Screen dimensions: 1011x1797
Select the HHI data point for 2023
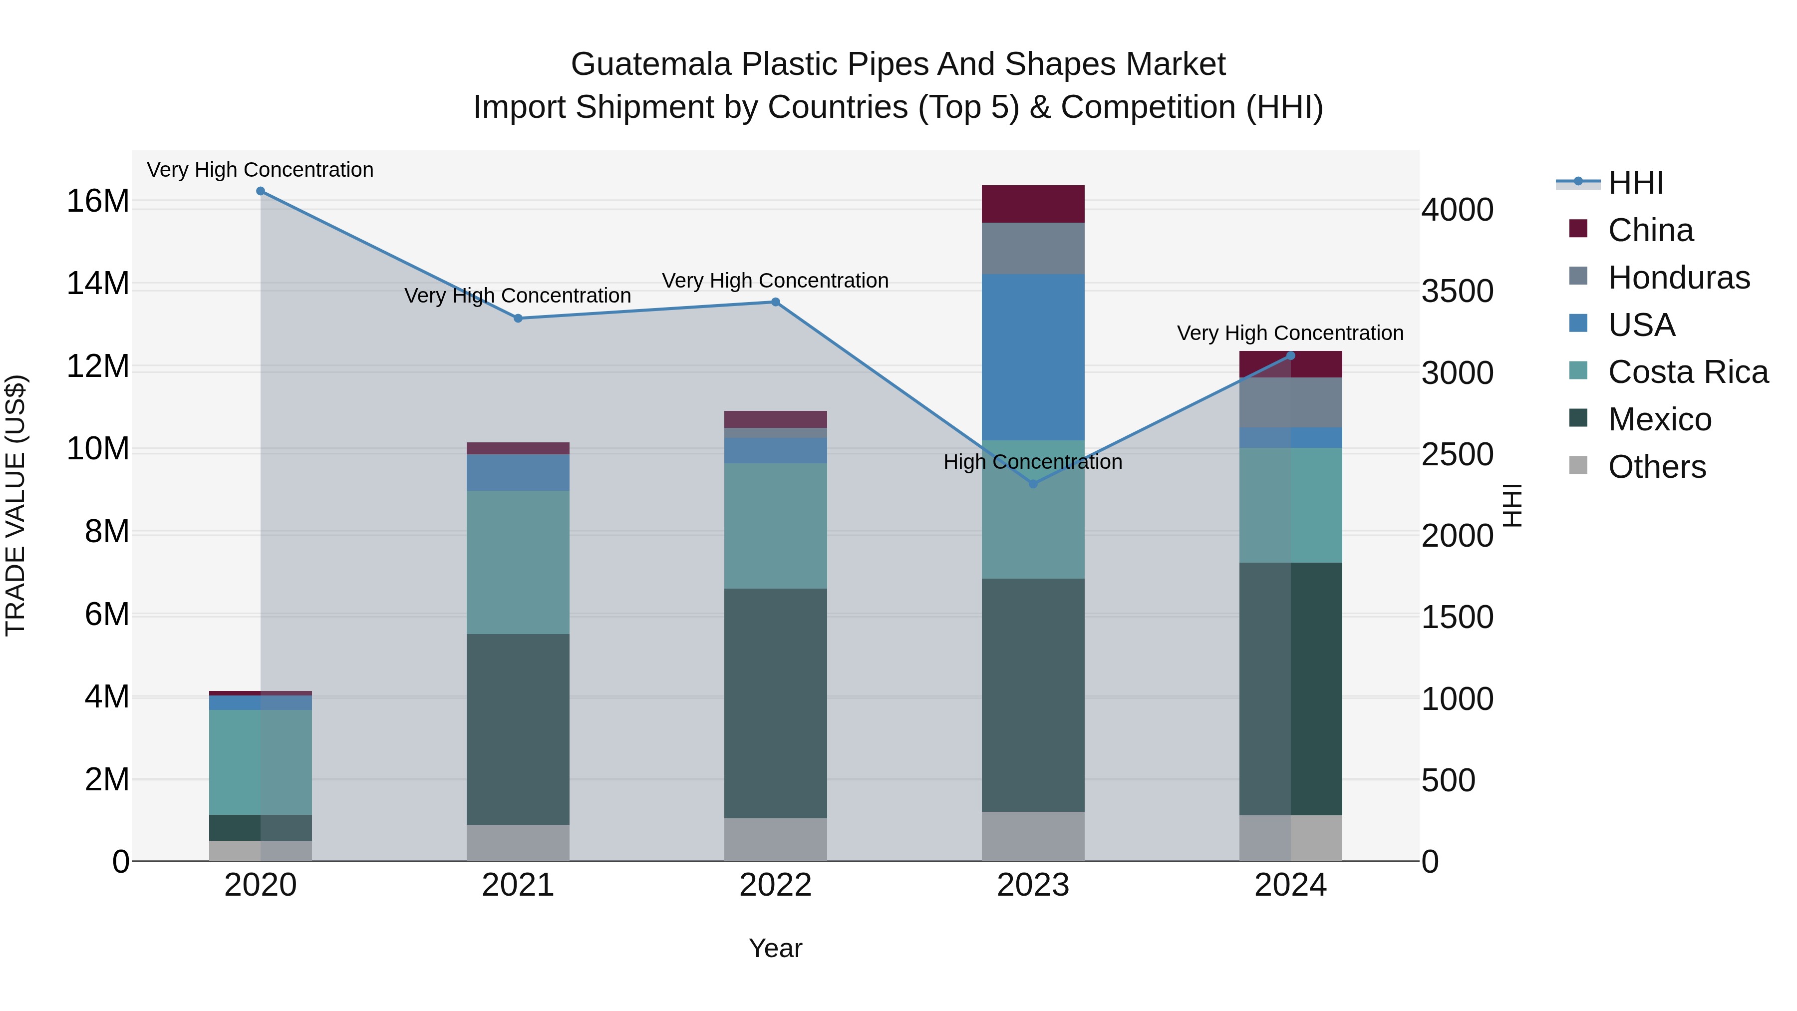(1033, 483)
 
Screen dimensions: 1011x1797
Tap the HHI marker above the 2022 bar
(775, 302)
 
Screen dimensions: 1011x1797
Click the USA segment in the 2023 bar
(1033, 356)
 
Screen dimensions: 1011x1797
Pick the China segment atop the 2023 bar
(1033, 204)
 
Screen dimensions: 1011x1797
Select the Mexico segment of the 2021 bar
(518, 728)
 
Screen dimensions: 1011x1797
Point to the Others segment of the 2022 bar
(775, 839)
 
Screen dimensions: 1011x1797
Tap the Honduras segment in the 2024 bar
(1290, 402)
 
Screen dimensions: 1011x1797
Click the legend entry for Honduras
(1678, 278)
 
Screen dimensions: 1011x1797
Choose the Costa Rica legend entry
(1688, 372)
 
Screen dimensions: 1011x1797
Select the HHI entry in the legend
(1635, 183)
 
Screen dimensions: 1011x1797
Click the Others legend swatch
(1578, 465)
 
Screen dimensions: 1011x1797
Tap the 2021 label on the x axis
(518, 885)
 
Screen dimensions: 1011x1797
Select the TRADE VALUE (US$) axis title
(15, 505)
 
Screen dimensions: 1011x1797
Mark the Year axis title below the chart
(775, 948)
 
